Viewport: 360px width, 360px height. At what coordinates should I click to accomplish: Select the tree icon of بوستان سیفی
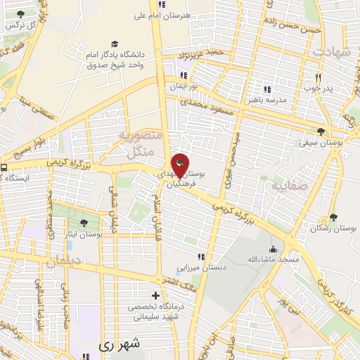(x=321, y=131)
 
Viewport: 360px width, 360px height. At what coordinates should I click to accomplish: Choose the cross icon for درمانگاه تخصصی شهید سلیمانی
(x=156, y=295)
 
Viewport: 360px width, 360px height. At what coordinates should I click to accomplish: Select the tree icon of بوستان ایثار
(x=84, y=223)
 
